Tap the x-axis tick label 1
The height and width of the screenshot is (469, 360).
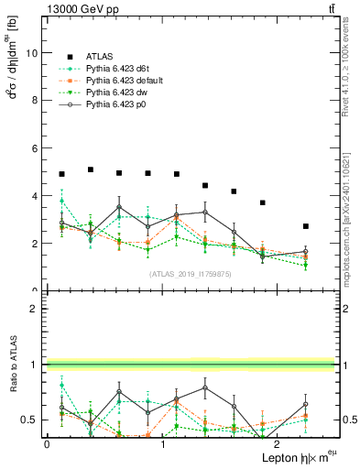pyautogui.click(x=162, y=444)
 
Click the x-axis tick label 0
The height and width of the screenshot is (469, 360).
pyautogui.click(x=47, y=444)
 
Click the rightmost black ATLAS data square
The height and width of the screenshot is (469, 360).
pyautogui.click(x=306, y=226)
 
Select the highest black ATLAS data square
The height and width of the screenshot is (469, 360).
pyautogui.click(x=91, y=169)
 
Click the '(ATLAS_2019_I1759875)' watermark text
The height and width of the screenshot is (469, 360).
pyautogui.click(x=191, y=274)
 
